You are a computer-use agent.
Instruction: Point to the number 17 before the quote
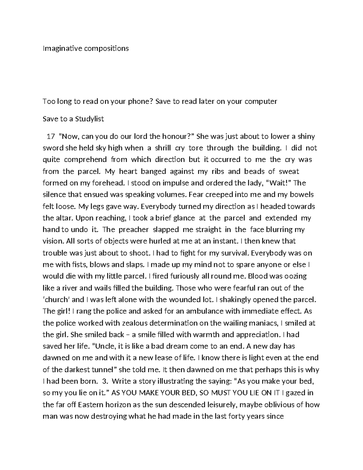51,136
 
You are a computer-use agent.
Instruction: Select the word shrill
163,148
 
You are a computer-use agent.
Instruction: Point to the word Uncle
106,346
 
